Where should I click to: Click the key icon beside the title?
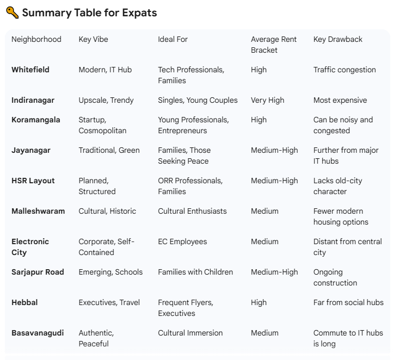click(x=12, y=13)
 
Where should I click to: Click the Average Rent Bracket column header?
click(x=273, y=45)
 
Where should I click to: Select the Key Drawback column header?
click(x=337, y=39)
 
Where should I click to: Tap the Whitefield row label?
click(x=30, y=70)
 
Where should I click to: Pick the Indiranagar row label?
click(x=33, y=100)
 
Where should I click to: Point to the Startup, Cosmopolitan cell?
click(x=102, y=125)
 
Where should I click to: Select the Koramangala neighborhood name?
click(x=36, y=120)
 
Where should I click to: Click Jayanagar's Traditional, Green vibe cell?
click(x=109, y=150)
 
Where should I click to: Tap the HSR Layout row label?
click(x=33, y=181)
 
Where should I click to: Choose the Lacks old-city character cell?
click(x=337, y=186)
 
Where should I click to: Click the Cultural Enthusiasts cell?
click(x=192, y=211)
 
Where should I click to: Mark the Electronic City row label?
click(x=30, y=247)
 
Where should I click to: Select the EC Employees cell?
click(x=182, y=241)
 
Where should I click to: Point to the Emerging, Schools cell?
click(x=110, y=272)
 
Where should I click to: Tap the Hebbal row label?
click(x=24, y=302)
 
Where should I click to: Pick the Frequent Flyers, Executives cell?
click(x=185, y=308)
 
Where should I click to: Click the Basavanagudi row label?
click(x=38, y=333)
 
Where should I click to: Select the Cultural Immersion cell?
click(x=190, y=333)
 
